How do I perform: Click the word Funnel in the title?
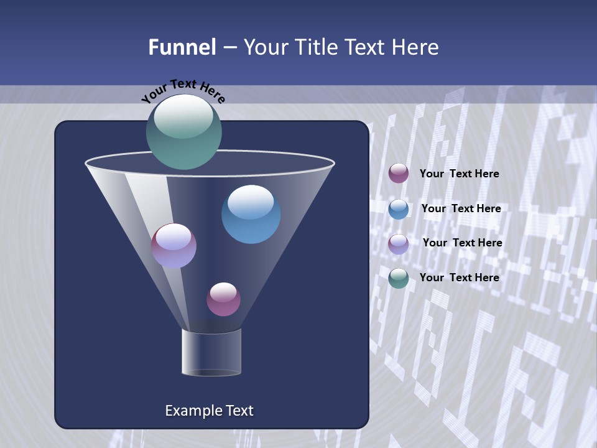(x=182, y=47)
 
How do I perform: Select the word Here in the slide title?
(x=414, y=47)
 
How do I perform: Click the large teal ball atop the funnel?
(x=184, y=132)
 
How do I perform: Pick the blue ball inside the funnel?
(x=251, y=215)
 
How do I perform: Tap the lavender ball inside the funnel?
(x=174, y=246)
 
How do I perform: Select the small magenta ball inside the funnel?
(x=223, y=299)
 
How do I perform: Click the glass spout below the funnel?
(x=211, y=352)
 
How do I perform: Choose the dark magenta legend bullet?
(x=399, y=174)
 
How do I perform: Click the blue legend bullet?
(x=399, y=209)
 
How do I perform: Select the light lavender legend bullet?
(x=399, y=243)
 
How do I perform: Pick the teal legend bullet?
(x=399, y=278)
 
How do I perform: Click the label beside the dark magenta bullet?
(x=459, y=174)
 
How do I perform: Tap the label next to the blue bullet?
(x=461, y=209)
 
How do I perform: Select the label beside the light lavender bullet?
(x=462, y=243)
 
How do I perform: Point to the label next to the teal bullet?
(x=459, y=278)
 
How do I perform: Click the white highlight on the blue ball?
(x=251, y=201)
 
